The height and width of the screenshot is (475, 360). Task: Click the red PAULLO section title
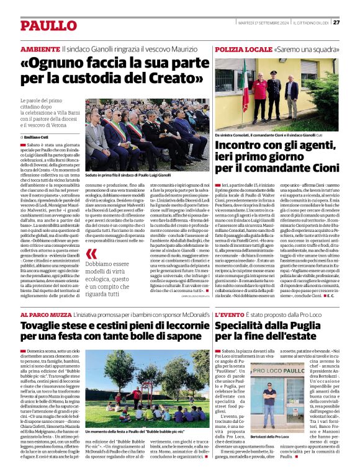(x=48, y=25)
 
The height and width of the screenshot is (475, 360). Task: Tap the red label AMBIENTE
(x=40, y=48)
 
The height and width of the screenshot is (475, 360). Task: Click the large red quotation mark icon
(x=91, y=254)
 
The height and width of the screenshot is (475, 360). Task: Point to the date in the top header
(x=263, y=23)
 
